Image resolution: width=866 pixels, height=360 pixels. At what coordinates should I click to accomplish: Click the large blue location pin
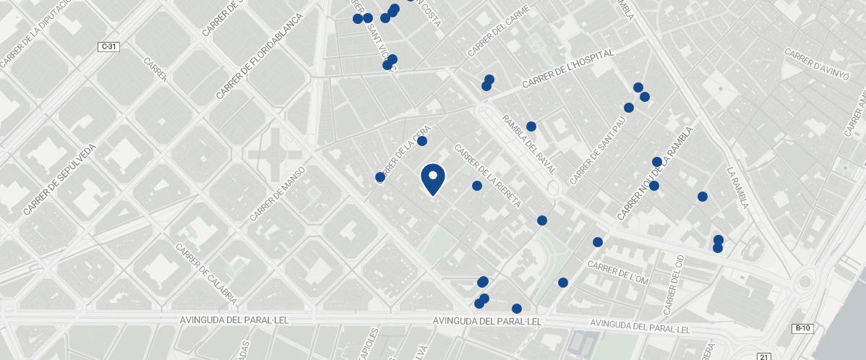432,179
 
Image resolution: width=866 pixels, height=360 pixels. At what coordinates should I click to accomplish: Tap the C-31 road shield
108,46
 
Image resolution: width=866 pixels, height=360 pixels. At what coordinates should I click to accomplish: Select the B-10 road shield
802,328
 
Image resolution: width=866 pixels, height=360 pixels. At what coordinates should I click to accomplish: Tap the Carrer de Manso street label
278,194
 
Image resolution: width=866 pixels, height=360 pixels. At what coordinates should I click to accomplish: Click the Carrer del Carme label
499,31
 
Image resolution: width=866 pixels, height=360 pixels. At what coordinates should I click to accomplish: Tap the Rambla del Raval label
529,145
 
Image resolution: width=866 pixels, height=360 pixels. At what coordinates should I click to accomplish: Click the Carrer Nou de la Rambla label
655,173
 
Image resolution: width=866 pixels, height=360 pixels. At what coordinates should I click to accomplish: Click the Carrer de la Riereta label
487,176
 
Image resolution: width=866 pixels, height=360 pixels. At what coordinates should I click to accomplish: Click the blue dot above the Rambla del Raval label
531,127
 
